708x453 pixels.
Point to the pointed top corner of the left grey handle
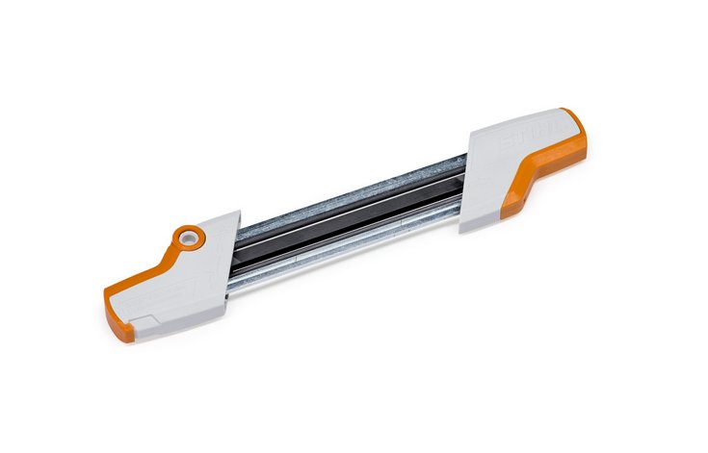(x=237, y=213)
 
